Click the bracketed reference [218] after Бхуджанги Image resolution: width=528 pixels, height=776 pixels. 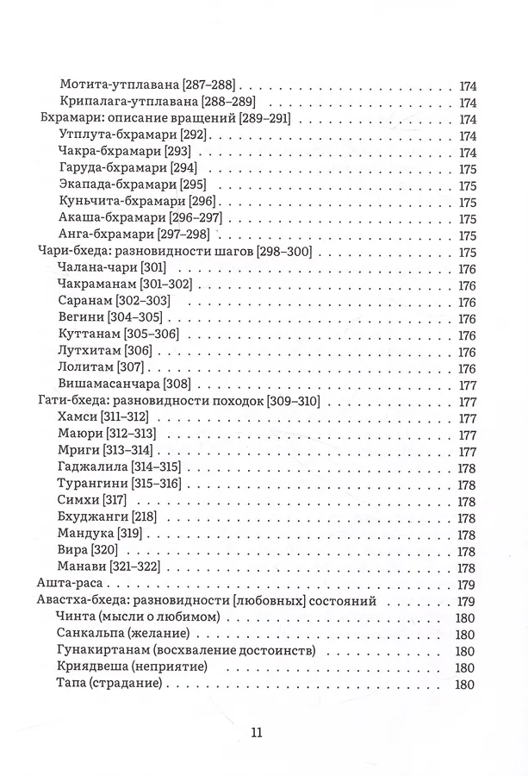pos(147,518)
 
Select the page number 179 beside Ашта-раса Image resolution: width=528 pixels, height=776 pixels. pos(466,585)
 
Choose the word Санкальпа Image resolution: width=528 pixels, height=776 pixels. pos(86,635)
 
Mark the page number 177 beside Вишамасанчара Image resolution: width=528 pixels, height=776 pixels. pos(466,385)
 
